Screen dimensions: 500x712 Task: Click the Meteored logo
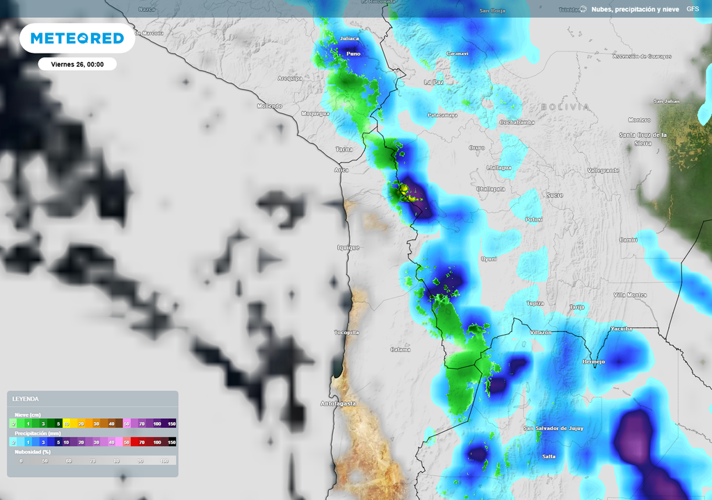(77, 38)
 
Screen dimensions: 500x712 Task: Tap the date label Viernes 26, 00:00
(77, 64)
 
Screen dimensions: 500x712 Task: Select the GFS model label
(693, 9)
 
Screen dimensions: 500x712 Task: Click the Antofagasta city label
(338, 403)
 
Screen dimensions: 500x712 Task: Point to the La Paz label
(433, 82)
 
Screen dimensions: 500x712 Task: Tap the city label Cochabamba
(517, 122)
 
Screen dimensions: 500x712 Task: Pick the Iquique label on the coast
(348, 247)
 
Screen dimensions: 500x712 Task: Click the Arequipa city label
(290, 78)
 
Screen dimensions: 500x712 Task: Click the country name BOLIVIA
(565, 107)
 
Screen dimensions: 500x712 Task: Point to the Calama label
(400, 349)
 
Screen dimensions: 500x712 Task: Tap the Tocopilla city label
(346, 333)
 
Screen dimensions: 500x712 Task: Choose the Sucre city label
(554, 196)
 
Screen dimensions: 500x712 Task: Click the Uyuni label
(489, 258)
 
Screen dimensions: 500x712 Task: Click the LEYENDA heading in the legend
(26, 399)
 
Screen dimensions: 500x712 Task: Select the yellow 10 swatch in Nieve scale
(67, 423)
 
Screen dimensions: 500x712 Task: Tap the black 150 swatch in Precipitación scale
(171, 442)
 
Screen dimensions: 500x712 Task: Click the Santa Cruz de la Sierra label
(643, 138)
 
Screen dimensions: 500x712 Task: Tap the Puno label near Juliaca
(353, 53)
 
